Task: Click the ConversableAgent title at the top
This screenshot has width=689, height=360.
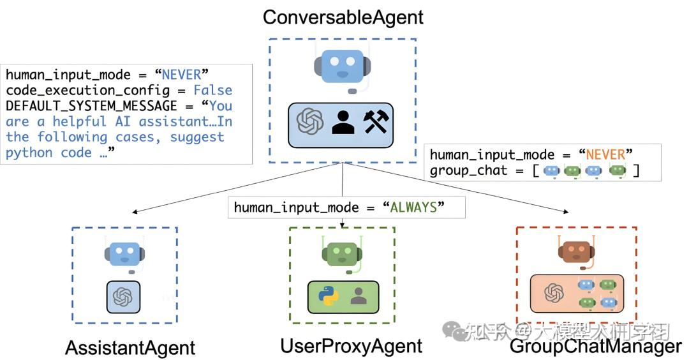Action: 343,17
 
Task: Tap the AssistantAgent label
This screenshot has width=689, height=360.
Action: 130,348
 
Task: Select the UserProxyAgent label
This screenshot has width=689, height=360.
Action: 351,346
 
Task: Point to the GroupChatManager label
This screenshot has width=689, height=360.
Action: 595,347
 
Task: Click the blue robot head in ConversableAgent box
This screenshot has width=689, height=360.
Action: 343,66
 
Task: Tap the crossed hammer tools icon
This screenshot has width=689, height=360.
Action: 376,121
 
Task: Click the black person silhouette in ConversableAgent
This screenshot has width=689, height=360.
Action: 343,121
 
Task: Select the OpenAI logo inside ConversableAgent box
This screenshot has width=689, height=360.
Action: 310,121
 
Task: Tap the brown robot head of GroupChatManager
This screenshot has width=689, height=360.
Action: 576,251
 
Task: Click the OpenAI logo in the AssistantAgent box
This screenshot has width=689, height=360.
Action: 122,297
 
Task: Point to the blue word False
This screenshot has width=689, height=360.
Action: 213,91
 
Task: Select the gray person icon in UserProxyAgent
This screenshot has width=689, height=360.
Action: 359,296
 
